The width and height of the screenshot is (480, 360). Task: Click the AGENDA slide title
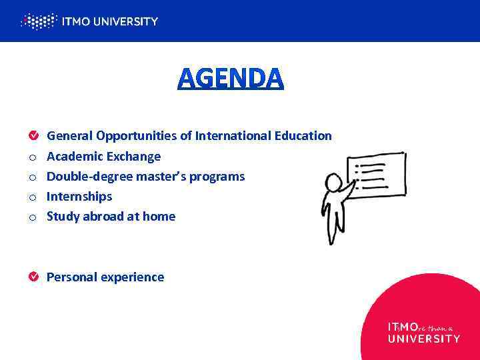[231, 79]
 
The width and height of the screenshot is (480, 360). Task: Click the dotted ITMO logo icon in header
[38, 21]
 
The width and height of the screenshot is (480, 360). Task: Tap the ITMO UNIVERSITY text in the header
[109, 21]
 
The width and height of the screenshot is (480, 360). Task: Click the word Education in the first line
[303, 136]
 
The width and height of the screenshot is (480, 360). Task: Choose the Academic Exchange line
[103, 157]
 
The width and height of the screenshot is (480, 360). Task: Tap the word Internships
[79, 197]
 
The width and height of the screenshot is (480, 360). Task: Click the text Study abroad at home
[111, 217]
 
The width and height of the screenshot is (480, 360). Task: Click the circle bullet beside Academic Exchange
[33, 157]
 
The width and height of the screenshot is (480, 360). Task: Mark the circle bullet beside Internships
[33, 197]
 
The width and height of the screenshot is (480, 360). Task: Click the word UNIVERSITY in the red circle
[423, 339]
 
